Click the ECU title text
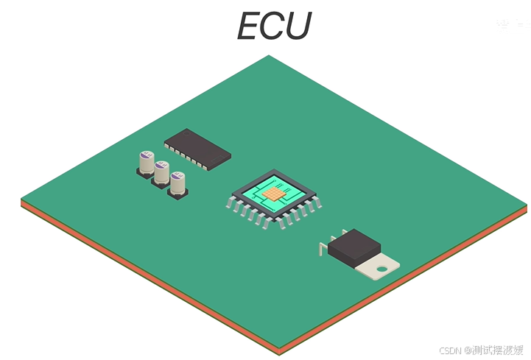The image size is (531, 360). coord(274,27)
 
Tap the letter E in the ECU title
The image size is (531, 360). coord(250,27)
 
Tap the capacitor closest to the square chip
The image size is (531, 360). coord(178,184)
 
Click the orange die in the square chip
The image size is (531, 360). coord(274,193)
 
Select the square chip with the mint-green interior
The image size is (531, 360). coord(273,194)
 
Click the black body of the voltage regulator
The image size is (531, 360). coord(354,246)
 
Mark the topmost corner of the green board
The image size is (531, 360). coord(269,57)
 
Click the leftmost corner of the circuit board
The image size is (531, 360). coord(22,199)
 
